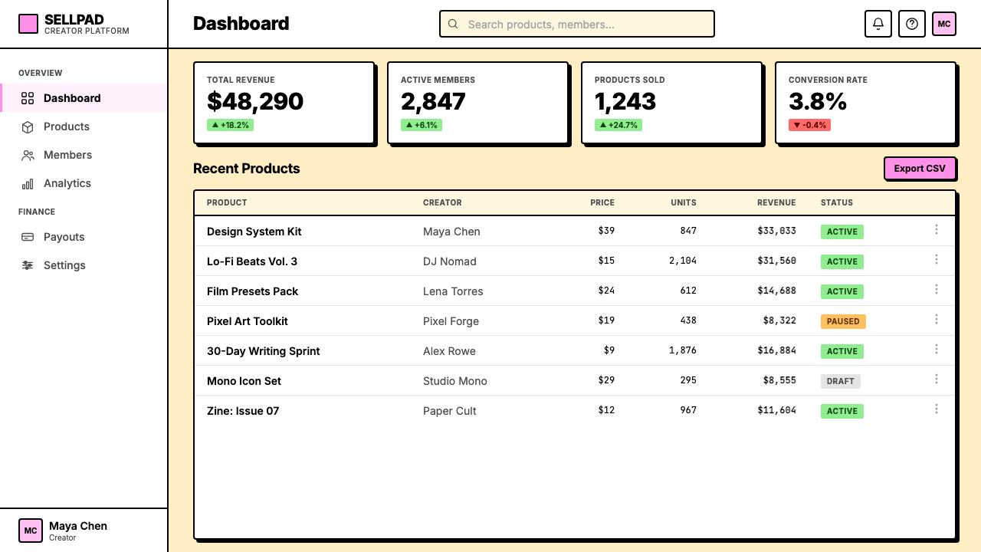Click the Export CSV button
tap(920, 168)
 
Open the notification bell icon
tap(878, 24)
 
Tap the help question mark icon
tap(911, 24)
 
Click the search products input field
tap(577, 24)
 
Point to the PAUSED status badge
tap(842, 321)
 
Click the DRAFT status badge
tap(840, 381)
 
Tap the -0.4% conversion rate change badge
tap(809, 125)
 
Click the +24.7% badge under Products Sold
tap(618, 125)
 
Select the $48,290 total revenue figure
tap(255, 101)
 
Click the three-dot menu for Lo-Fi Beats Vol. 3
tap(937, 259)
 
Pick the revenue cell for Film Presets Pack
tap(776, 291)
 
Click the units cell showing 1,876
tap(682, 350)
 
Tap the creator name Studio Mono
tap(454, 381)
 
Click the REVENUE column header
tap(776, 202)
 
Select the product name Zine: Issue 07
tap(243, 411)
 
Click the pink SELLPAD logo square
tap(28, 24)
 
